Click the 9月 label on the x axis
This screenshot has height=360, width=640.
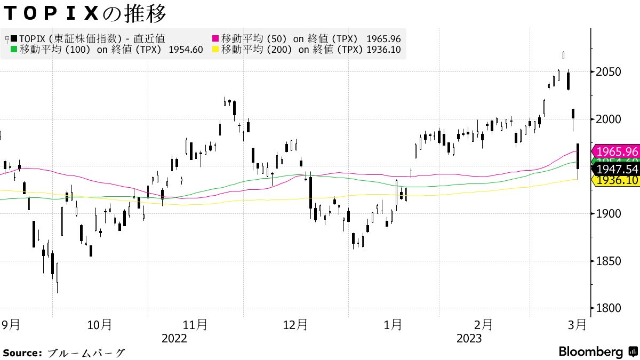11,324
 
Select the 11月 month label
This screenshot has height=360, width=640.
195,324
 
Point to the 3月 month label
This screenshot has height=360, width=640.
578,324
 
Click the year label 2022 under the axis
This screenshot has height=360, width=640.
174,339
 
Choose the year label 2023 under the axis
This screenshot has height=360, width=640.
469,339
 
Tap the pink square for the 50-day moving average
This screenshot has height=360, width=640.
216,38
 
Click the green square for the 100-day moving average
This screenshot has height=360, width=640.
14,50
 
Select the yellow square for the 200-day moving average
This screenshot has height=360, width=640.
216,50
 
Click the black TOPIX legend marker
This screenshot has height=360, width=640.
14,38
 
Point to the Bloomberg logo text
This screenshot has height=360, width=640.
591,352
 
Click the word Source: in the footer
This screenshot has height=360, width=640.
22,353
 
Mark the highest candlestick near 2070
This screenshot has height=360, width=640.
564,55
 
